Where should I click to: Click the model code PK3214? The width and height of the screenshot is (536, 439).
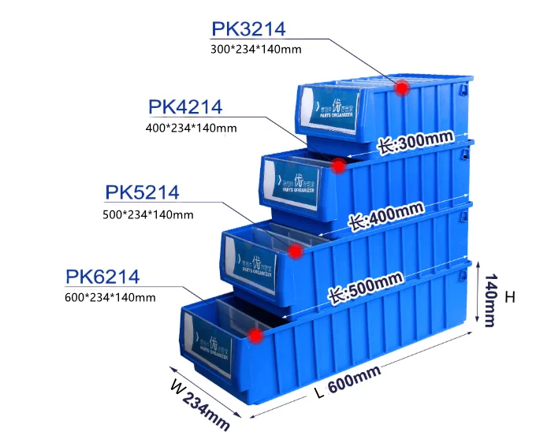248,29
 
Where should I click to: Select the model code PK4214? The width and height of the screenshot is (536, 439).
185,106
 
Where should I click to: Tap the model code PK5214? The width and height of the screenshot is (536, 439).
143,192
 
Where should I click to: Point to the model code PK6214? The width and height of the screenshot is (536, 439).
102,277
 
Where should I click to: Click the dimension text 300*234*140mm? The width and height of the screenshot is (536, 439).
256,50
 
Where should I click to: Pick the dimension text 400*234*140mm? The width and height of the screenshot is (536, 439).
192,127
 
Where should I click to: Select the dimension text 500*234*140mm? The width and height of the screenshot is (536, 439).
148,214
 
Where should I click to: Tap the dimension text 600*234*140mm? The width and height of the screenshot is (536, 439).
110,297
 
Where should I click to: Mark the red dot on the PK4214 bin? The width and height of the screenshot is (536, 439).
339,166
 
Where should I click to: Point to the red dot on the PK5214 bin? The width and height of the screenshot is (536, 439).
296,251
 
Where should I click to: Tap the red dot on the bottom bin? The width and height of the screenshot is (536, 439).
255,336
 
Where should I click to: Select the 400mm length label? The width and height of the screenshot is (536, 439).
386,215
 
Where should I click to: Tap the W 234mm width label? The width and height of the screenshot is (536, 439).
200,402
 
